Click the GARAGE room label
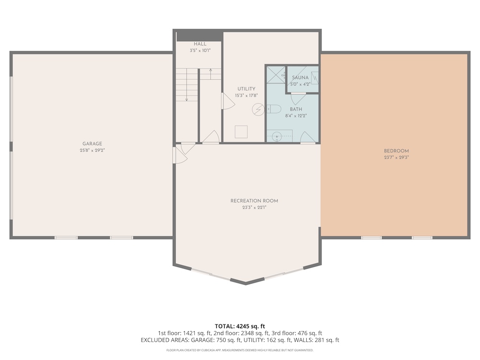point(92,144)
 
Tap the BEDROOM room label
point(396,151)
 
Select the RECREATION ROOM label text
point(254,201)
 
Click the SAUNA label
point(300,78)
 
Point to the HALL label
point(200,44)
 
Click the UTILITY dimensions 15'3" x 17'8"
point(246,96)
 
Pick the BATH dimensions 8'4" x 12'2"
point(296,116)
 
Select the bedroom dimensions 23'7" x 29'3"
point(396,157)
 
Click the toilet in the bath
point(274,109)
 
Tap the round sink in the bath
point(277,135)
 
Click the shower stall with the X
point(276,75)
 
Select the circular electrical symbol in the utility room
point(258,109)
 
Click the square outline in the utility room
point(241,132)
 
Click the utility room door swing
point(228,101)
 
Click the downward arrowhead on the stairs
point(187,99)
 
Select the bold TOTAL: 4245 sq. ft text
point(240,326)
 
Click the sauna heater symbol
point(315,78)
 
